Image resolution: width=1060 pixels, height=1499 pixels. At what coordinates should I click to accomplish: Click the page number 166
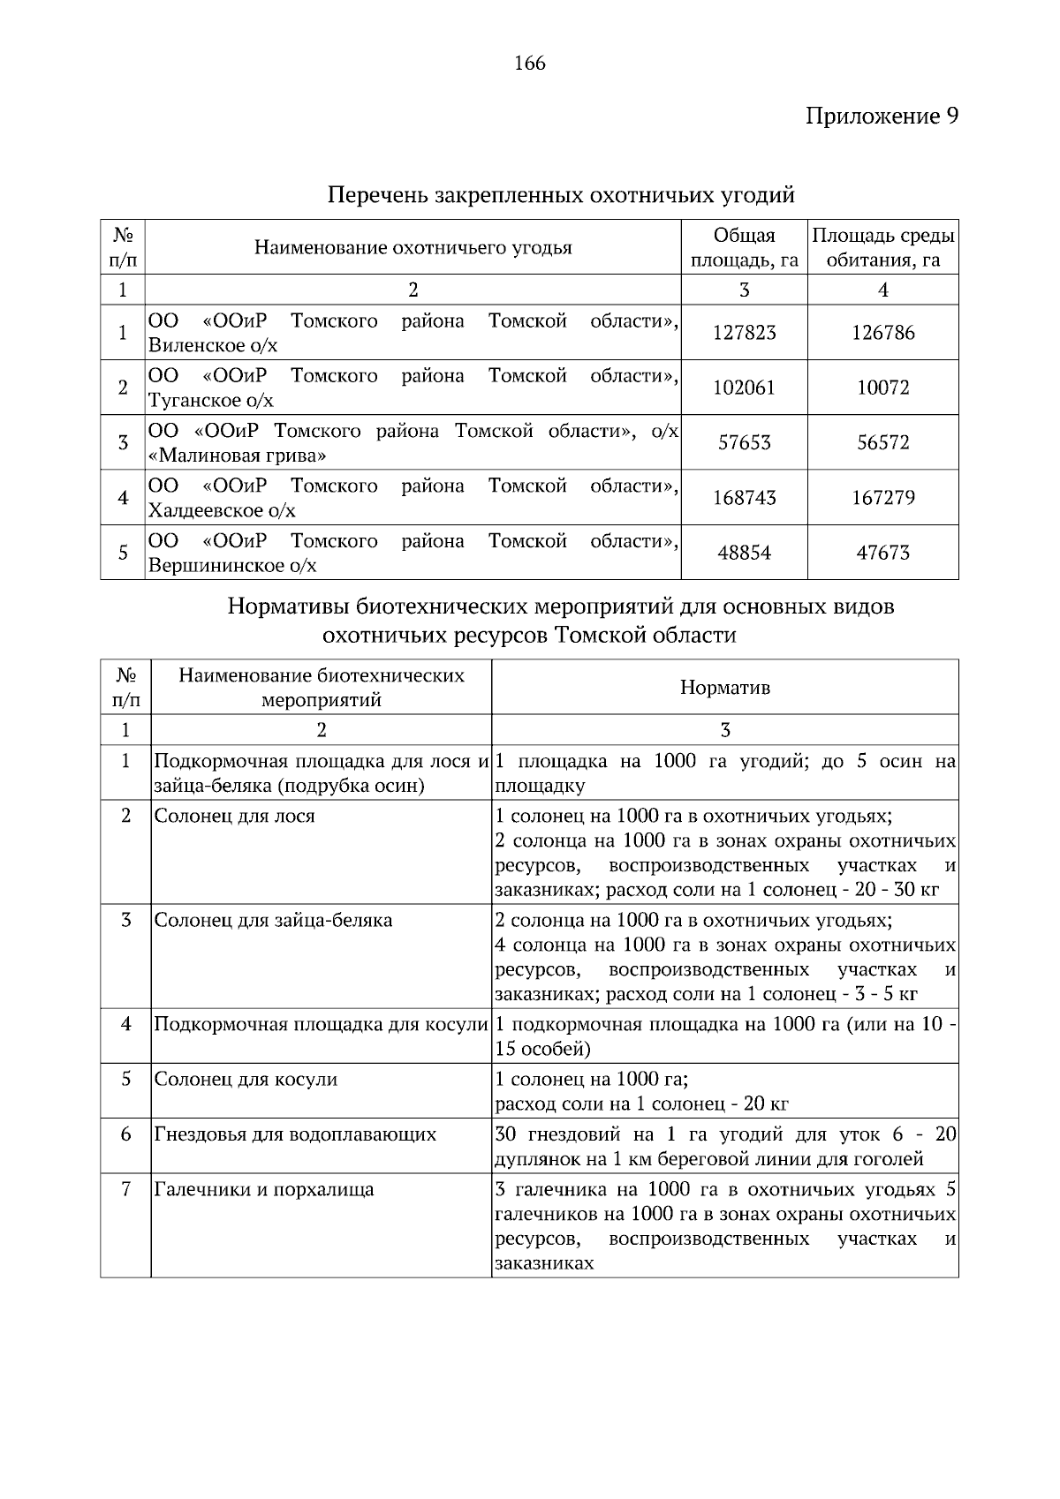[x=530, y=64]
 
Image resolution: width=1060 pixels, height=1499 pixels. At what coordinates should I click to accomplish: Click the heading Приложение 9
[x=881, y=116]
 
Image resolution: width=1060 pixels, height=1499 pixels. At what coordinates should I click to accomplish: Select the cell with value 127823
[x=744, y=333]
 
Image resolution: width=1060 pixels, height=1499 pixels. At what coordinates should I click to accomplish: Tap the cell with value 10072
[x=882, y=388]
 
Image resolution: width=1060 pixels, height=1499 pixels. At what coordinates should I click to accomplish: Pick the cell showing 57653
[x=744, y=442]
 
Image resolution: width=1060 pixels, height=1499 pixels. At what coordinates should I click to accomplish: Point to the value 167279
[x=882, y=498]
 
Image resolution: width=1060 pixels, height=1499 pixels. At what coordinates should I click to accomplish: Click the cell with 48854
[x=744, y=553]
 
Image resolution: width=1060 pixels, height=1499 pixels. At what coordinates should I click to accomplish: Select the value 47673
[x=882, y=553]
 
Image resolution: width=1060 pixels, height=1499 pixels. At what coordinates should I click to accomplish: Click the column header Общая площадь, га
[x=744, y=247]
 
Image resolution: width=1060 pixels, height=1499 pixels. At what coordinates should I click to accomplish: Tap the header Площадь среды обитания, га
[x=882, y=247]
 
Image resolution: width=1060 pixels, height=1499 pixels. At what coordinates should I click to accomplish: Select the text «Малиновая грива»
[x=238, y=456]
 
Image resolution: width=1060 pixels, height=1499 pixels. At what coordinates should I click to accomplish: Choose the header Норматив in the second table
[x=724, y=687]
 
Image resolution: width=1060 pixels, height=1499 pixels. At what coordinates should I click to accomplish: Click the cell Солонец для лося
[x=234, y=816]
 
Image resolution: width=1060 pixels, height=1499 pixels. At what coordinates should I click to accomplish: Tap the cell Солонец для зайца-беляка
[x=273, y=920]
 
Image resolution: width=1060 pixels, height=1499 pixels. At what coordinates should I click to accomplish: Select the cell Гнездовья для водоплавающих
[x=295, y=1134]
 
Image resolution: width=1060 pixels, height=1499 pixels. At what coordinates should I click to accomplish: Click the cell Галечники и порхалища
[x=263, y=1189]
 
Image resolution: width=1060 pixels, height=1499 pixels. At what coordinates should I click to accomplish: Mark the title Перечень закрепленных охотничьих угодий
[x=561, y=194]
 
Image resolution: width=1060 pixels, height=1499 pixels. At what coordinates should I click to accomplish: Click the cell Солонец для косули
[x=246, y=1079]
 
